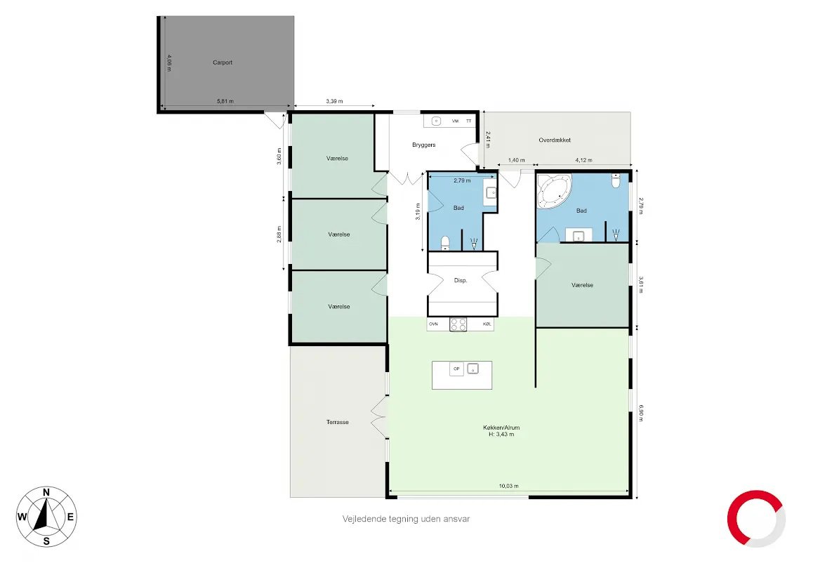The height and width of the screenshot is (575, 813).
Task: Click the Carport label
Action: [x=223, y=62]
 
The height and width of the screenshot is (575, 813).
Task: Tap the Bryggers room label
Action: [x=423, y=145]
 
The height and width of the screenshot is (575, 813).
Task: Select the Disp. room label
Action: [x=461, y=281]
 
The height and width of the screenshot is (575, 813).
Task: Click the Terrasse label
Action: [x=338, y=422]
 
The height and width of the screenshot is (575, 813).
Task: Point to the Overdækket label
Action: [x=555, y=140]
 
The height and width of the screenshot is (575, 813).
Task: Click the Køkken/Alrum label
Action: [x=501, y=428]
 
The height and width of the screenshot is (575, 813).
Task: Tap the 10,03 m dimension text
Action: [x=508, y=487]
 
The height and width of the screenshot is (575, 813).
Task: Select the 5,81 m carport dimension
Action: [x=225, y=102]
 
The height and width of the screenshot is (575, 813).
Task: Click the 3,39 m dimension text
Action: [x=334, y=102]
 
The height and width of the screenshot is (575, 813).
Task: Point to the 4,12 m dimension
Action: [x=584, y=161]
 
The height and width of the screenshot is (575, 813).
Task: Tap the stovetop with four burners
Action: [x=458, y=324]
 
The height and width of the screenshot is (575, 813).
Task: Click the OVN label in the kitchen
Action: [x=433, y=324]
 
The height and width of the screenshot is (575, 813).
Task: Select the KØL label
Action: [x=487, y=324]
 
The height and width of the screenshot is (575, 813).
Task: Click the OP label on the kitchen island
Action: [x=457, y=369]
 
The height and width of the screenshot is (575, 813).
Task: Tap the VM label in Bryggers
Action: [x=455, y=121]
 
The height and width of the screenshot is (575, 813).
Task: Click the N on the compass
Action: [x=46, y=493]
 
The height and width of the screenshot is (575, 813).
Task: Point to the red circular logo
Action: [x=756, y=519]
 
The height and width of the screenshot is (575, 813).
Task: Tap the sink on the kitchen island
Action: [x=472, y=369]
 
